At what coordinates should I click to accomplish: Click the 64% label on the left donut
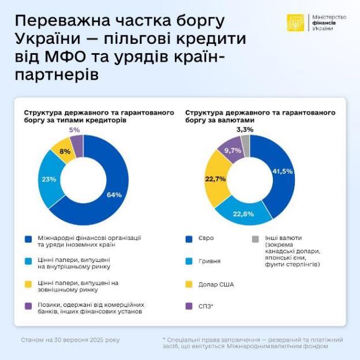pyautogui.click(x=114, y=195)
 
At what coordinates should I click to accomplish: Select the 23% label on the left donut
pyautogui.click(x=48, y=179)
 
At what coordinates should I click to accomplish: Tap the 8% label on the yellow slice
pyautogui.click(x=65, y=152)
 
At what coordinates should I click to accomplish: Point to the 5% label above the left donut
pyautogui.click(x=74, y=130)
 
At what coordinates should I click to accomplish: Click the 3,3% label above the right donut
pyautogui.click(x=245, y=130)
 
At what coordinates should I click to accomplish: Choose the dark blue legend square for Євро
pyautogui.click(x=189, y=238)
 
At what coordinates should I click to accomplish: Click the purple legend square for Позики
pyautogui.click(x=28, y=304)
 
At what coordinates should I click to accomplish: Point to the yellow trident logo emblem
pyautogui.click(x=295, y=23)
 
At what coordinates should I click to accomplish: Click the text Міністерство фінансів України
pyautogui.click(x=329, y=23)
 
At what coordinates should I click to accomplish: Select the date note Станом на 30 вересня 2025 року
pyautogui.click(x=70, y=340)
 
